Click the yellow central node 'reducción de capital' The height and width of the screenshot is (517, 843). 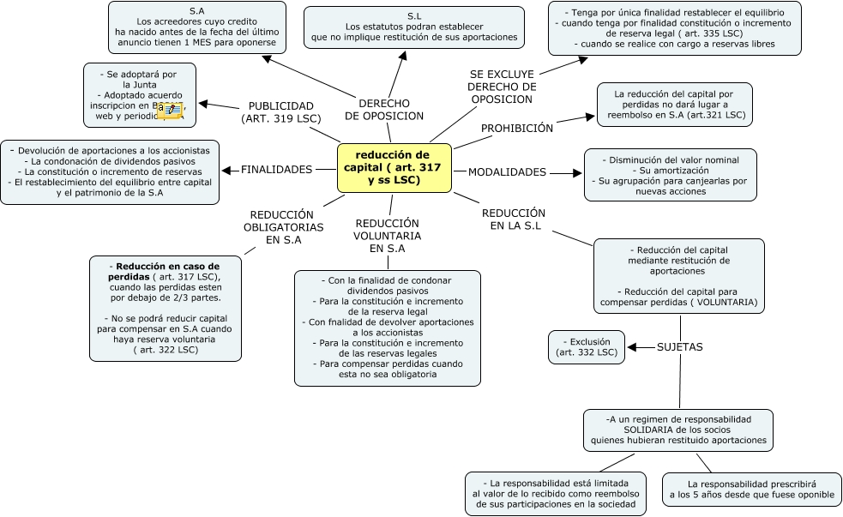pos(394,167)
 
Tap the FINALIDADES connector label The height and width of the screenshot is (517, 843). pos(276,170)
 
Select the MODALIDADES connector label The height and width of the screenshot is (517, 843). pos(507,172)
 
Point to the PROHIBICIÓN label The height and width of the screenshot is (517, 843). pos(516,129)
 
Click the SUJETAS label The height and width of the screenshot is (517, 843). pos(679,347)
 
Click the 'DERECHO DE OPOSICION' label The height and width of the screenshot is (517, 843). pos(384,109)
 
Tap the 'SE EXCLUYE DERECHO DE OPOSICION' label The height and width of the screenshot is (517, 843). pos(502,87)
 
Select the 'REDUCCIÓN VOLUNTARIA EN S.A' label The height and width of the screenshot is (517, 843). pos(387,236)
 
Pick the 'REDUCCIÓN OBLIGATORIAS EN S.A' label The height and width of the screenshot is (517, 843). pos(284,228)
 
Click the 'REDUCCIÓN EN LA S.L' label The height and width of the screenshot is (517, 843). pos(514,219)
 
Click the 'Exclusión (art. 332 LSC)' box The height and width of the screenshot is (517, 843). pos(587,347)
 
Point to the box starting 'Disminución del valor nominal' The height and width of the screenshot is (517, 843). pos(671,175)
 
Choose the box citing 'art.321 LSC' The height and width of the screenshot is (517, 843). pos(675,104)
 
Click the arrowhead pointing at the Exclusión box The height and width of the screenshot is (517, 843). pos(631,347)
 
